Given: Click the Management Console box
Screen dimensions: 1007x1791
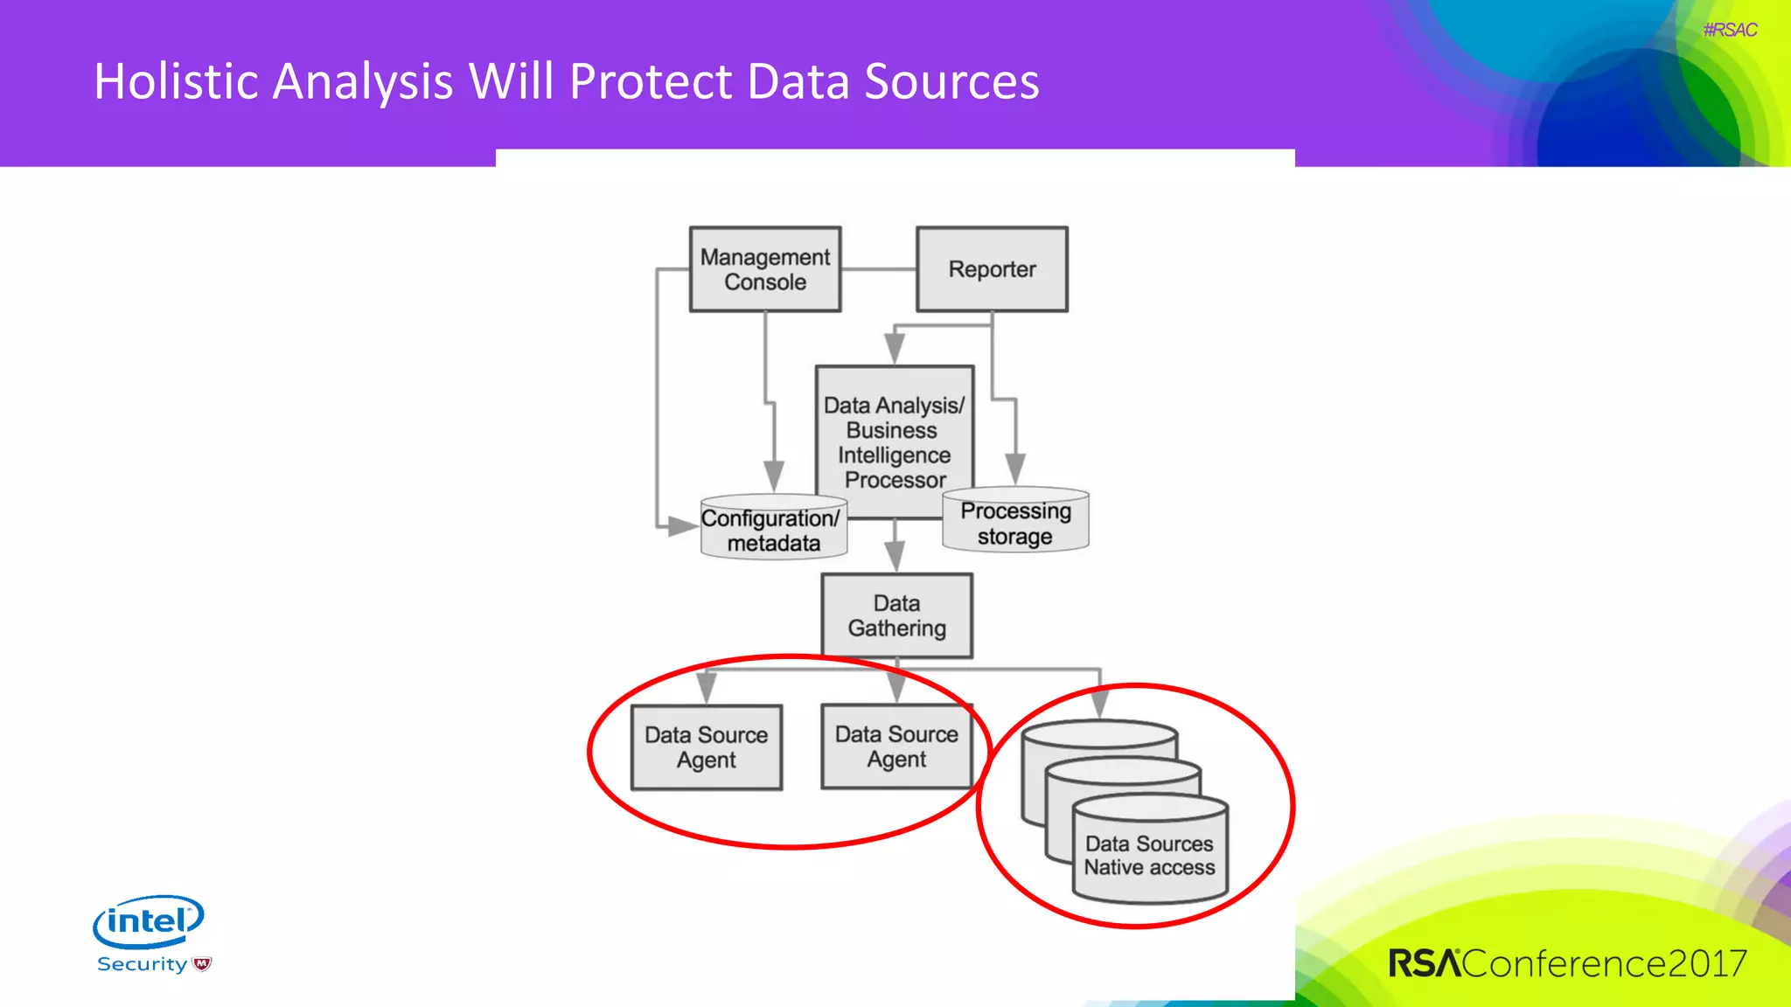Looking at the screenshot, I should click(x=765, y=269).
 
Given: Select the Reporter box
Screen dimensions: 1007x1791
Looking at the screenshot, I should click(x=992, y=269).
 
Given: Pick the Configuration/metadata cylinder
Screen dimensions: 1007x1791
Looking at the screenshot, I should click(x=773, y=531).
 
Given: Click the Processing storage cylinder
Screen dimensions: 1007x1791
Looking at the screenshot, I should click(x=1015, y=523).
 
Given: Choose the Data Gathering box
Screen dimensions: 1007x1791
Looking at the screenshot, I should click(x=896, y=615).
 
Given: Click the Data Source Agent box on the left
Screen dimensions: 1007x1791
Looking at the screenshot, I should click(x=706, y=747).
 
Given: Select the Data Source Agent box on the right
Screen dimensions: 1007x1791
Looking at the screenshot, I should click(x=896, y=747).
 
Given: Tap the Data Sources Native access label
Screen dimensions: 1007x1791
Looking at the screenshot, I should click(x=1149, y=856).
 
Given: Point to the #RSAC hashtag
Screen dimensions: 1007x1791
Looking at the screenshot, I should click(x=1729, y=30).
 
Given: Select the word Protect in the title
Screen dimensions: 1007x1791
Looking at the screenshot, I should click(x=651, y=81).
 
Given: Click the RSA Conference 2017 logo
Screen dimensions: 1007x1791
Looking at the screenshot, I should click(x=1567, y=963).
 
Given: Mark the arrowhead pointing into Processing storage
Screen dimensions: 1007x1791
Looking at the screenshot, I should click(x=1014, y=469).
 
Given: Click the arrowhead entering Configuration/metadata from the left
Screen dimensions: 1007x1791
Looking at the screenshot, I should click(x=680, y=526).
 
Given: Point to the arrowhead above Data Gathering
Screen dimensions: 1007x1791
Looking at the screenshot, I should click(x=894, y=555).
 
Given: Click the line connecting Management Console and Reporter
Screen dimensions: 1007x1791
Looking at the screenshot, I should click(x=878, y=269).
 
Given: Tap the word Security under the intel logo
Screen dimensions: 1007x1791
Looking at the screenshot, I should click(x=143, y=964).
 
